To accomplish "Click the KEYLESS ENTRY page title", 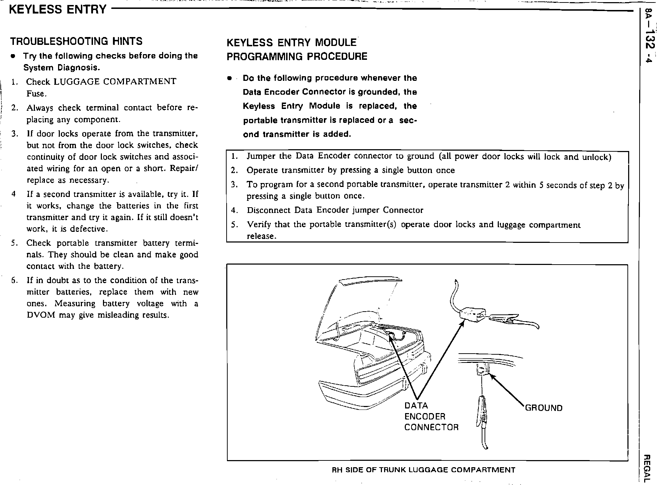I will click(57, 9).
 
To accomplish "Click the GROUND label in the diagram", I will click(544, 408).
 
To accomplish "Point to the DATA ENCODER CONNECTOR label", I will click(431, 416).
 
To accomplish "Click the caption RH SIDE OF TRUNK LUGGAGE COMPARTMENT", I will click(423, 470).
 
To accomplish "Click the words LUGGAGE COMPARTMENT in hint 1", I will click(115, 82).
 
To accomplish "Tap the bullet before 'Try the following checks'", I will click(13, 56).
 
